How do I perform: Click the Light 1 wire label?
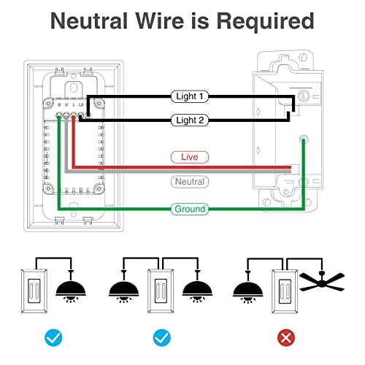190,96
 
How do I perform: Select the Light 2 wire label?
190,120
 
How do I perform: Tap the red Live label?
190,157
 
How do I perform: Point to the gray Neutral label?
190,182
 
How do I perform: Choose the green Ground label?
190,209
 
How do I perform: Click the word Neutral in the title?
89,21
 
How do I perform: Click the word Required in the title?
265,22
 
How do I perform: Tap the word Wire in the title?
159,21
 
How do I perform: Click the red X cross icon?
286,337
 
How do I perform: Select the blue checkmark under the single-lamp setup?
53,337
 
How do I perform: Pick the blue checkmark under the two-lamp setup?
162,337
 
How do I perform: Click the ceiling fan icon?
322,281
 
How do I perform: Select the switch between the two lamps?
161,291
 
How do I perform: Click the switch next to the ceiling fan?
285,291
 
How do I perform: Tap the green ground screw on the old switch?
304,139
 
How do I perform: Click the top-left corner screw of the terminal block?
48,104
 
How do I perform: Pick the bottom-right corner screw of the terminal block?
99,188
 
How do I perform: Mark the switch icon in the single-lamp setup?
34,291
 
